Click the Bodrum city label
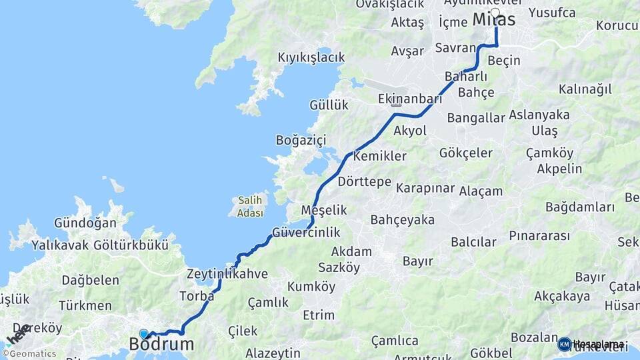(162, 345)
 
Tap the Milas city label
(494, 20)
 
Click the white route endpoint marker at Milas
(495, 13)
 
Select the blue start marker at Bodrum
(144, 333)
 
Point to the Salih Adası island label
(249, 206)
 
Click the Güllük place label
(329, 105)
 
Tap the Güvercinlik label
(306, 233)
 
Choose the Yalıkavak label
(60, 245)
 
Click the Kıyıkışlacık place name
(311, 57)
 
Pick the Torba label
(197, 295)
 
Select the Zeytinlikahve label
(227, 274)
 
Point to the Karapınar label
(425, 188)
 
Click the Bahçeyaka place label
(402, 220)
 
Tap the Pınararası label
(539, 236)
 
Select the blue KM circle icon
(564, 345)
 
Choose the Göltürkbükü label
(131, 245)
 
